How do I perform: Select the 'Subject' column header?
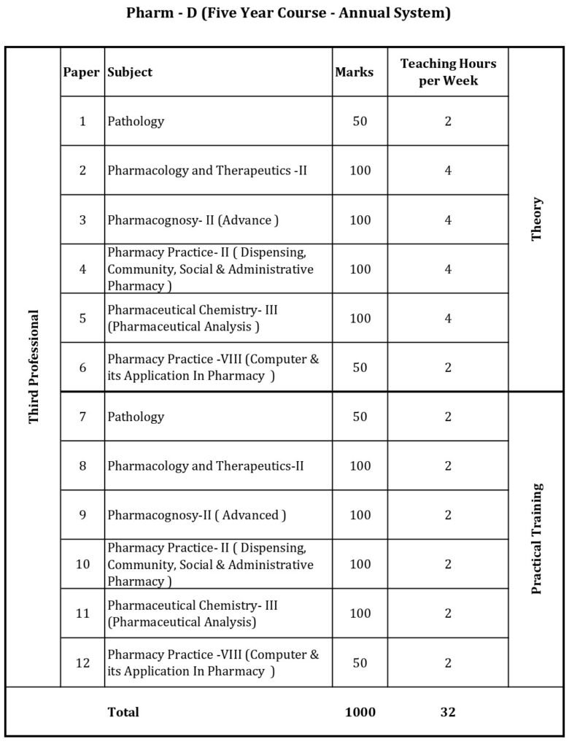click(130, 72)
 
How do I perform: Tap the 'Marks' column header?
click(354, 72)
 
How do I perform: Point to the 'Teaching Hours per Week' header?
click(448, 72)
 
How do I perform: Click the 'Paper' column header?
click(82, 72)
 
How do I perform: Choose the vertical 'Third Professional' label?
click(34, 367)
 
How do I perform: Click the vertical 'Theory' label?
click(537, 219)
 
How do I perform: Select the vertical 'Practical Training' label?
click(537, 538)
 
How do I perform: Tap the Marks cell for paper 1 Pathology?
click(360, 121)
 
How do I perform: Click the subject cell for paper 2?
click(207, 171)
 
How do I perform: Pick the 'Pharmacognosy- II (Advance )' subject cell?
click(193, 220)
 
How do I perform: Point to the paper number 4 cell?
click(82, 269)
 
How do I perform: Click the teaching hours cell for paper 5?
click(448, 318)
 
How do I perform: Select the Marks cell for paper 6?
click(360, 368)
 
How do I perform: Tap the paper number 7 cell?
click(82, 417)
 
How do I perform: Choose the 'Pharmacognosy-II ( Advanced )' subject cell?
click(197, 515)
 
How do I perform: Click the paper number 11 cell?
click(82, 614)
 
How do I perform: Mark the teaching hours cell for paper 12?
click(448, 663)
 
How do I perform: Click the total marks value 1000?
click(360, 712)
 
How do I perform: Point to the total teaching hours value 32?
click(448, 712)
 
